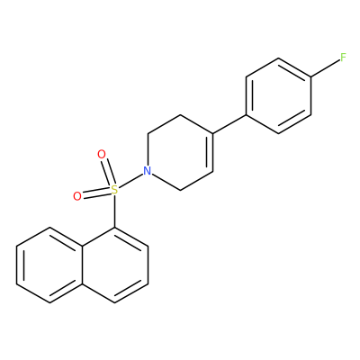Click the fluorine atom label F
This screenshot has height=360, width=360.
(x=343, y=58)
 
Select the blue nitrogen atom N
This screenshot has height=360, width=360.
(x=147, y=171)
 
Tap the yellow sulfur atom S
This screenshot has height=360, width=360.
(x=114, y=190)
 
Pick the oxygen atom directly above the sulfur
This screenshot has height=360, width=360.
(x=102, y=155)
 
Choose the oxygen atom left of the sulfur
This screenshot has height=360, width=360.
(x=77, y=196)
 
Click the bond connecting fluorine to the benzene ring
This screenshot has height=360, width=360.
(x=325, y=67)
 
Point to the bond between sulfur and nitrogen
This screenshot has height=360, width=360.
(x=130, y=180)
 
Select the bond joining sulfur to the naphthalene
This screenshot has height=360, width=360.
(x=114, y=211)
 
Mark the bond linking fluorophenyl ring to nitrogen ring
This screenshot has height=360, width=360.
(x=229, y=124)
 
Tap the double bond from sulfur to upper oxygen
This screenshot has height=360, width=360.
(x=108, y=173)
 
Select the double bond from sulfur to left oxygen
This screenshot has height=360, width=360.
(x=96, y=193)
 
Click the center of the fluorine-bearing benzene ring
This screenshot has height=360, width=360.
(x=279, y=95)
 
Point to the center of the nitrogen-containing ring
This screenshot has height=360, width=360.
(x=180, y=152)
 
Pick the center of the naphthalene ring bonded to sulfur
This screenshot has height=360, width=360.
(x=114, y=265)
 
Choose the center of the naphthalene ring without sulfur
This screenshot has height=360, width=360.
(x=49, y=265)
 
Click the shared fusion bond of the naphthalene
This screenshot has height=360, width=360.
(x=82, y=265)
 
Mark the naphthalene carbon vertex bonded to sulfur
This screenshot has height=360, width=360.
(x=114, y=228)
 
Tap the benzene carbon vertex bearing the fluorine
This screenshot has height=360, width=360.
(x=311, y=77)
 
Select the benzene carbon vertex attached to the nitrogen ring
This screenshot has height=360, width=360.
(x=247, y=114)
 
